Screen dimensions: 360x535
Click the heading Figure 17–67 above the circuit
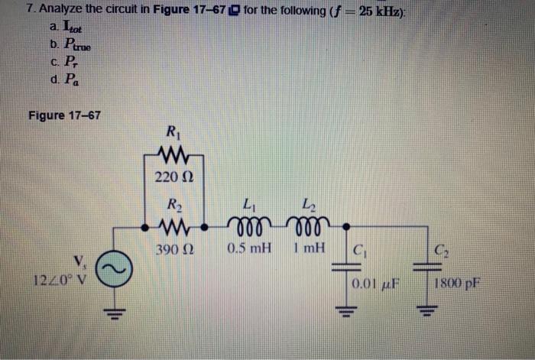(x=64, y=115)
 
